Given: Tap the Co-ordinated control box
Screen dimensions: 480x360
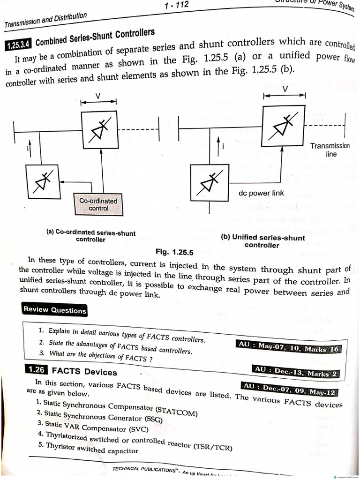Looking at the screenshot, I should pyautogui.click(x=98, y=205).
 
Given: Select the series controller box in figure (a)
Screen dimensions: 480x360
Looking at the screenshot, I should pyautogui.click(x=98, y=129).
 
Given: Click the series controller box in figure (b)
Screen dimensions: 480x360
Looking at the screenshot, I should pyautogui.click(x=284, y=125).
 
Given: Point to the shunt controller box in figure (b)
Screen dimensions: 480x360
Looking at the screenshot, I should pyautogui.click(x=209, y=182).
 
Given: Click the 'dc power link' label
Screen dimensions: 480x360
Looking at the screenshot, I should pyautogui.click(x=261, y=193).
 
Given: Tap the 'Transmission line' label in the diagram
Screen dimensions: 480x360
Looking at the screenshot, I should pyautogui.click(x=330, y=150).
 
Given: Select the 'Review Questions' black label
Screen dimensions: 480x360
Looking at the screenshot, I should pyautogui.click(x=55, y=310).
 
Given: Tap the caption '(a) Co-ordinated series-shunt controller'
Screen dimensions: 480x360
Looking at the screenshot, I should pyautogui.click(x=90, y=236).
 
